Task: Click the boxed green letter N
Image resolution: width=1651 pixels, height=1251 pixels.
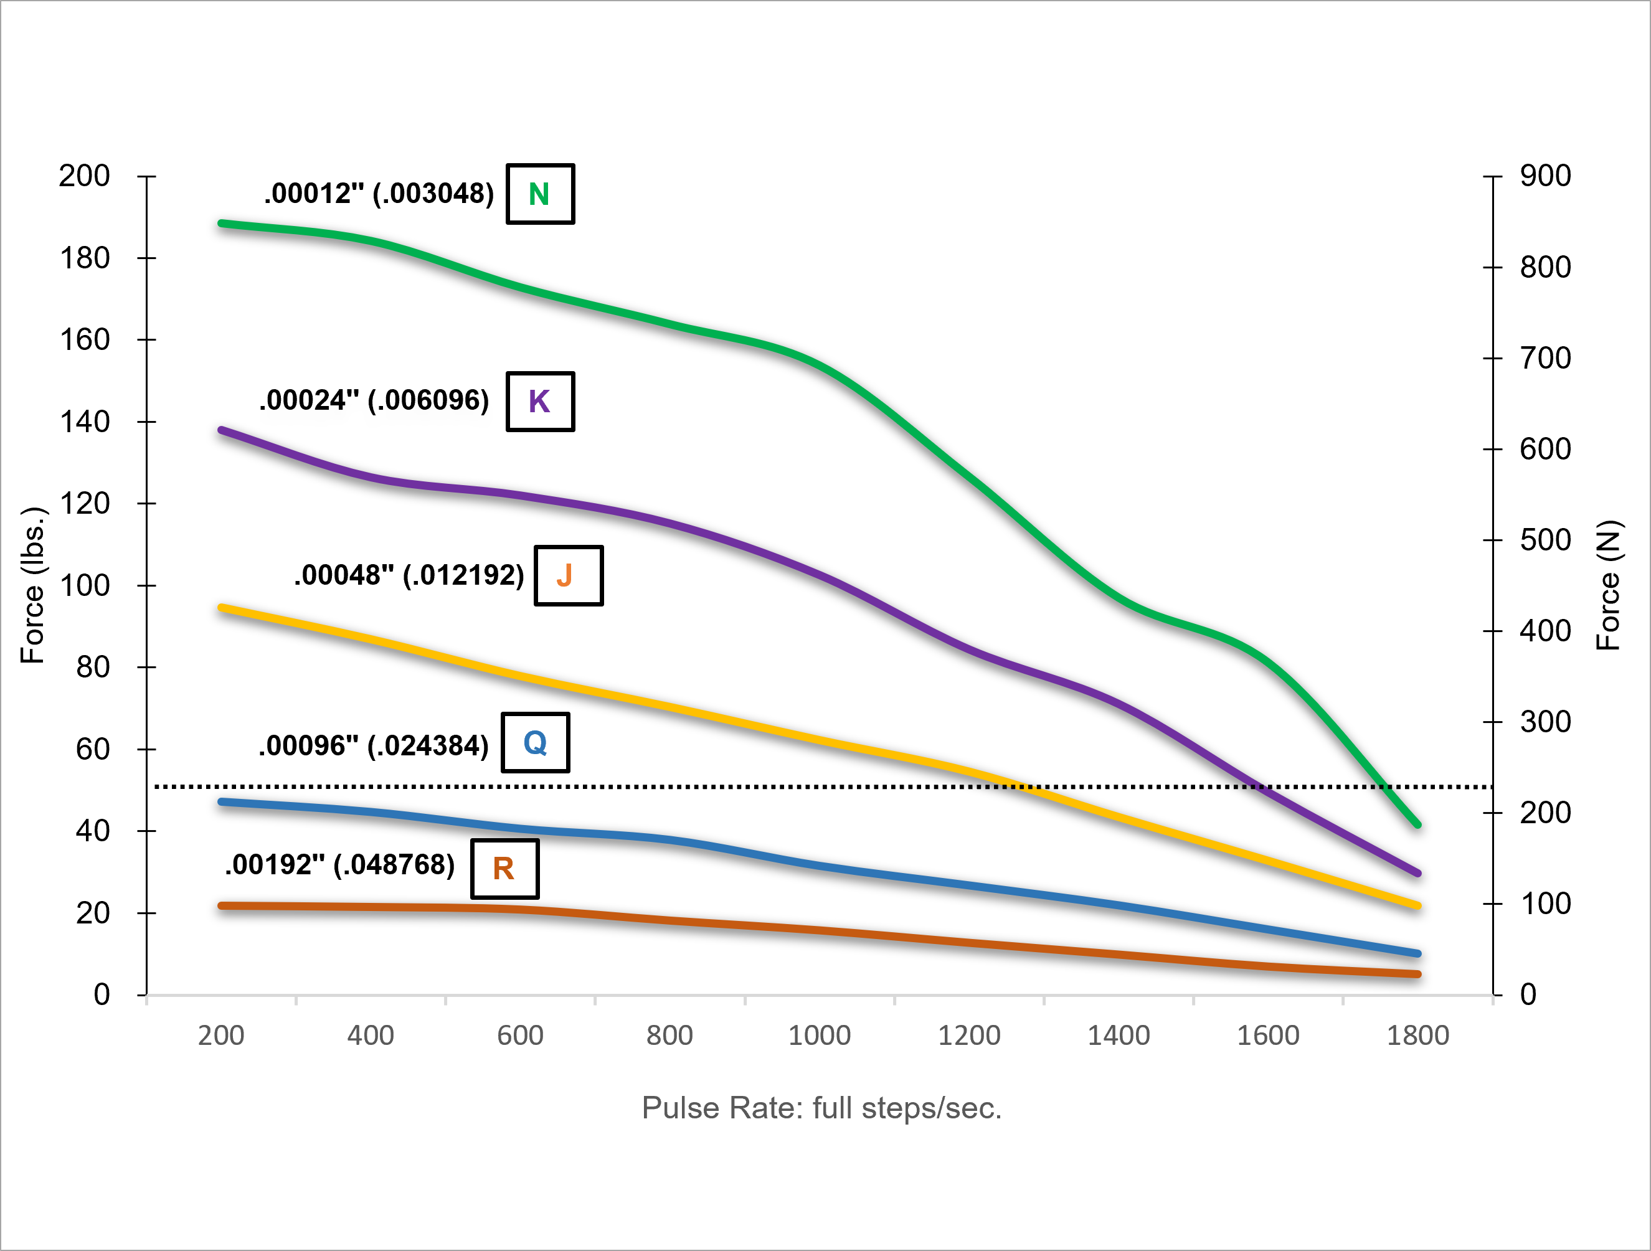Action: pyautogui.click(x=539, y=194)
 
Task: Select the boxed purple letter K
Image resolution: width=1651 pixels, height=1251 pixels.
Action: pyautogui.click(x=539, y=402)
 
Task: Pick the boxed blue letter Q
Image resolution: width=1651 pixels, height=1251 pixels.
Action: pyautogui.click(x=535, y=743)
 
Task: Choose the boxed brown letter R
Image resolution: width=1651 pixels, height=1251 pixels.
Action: pyautogui.click(x=504, y=869)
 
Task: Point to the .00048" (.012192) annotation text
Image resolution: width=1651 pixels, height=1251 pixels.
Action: pyautogui.click(x=409, y=575)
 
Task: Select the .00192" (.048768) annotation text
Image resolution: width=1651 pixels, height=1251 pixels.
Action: pyautogui.click(x=339, y=864)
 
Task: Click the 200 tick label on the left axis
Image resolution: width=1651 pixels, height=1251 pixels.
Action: pyautogui.click(x=84, y=176)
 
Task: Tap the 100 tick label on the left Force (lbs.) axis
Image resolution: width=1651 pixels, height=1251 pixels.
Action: pyautogui.click(x=84, y=586)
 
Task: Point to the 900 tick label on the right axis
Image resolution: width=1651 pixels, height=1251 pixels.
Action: pyautogui.click(x=1545, y=176)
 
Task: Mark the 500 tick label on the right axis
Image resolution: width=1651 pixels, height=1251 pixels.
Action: pyautogui.click(x=1545, y=541)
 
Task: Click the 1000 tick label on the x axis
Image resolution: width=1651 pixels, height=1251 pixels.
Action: pyautogui.click(x=819, y=1036)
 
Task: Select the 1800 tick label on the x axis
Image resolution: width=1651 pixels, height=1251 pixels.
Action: pyautogui.click(x=1417, y=1036)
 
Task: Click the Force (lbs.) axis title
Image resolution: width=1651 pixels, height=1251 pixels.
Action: pyautogui.click(x=33, y=585)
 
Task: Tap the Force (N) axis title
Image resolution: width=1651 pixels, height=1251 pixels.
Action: pyautogui.click(x=1609, y=585)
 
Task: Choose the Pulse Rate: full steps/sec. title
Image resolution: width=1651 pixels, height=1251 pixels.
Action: pyautogui.click(x=821, y=1108)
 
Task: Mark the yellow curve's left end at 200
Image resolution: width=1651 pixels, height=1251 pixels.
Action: pyautogui.click(x=222, y=608)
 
